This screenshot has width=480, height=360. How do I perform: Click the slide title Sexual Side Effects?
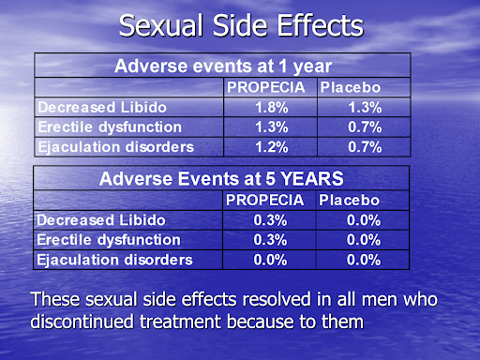240,24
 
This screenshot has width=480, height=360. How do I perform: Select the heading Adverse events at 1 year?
223,66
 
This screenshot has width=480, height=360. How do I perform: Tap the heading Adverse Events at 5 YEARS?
222,177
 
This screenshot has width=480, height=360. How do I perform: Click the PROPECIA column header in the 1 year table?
266,88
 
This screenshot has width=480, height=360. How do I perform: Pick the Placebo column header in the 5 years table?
349,200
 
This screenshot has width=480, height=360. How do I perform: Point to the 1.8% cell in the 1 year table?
270,108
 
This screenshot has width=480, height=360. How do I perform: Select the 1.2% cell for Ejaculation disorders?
270,146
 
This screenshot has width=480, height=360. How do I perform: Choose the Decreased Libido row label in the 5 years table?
95,219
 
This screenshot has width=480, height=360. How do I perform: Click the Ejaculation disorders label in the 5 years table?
114,259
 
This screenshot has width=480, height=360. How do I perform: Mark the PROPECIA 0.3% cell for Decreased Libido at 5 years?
270,219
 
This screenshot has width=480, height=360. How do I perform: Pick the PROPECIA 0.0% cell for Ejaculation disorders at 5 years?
270,259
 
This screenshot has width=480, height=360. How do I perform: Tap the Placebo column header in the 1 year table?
351,88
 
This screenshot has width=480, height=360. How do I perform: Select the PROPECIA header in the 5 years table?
264,200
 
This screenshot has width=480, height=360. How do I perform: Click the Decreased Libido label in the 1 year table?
95,108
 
